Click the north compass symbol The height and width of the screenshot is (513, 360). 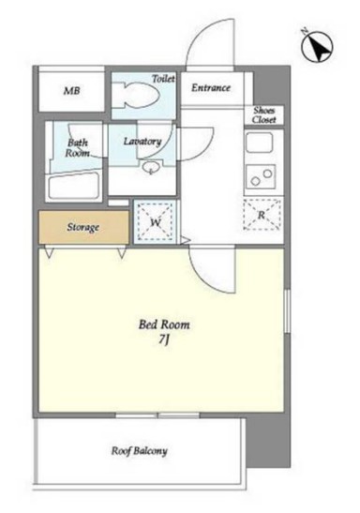click(x=317, y=45)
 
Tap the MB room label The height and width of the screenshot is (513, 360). click(x=72, y=91)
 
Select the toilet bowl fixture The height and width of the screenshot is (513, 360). click(x=135, y=95)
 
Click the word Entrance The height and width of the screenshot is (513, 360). click(x=211, y=87)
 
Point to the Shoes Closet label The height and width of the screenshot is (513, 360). click(x=263, y=115)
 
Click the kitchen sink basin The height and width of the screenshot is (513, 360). click(x=260, y=143)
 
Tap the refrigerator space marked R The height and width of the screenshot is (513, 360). click(x=262, y=215)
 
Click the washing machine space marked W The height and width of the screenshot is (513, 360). click(x=156, y=222)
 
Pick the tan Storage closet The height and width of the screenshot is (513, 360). click(x=84, y=227)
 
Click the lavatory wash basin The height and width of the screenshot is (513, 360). click(x=151, y=168)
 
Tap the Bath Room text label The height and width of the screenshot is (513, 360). click(x=78, y=147)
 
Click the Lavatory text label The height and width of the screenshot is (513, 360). click(x=142, y=142)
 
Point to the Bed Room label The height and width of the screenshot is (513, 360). click(x=164, y=324)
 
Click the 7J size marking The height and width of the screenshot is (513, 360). click(x=163, y=340)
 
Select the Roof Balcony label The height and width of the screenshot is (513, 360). click(x=140, y=451)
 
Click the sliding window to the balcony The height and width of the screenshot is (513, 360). click(x=157, y=415)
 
